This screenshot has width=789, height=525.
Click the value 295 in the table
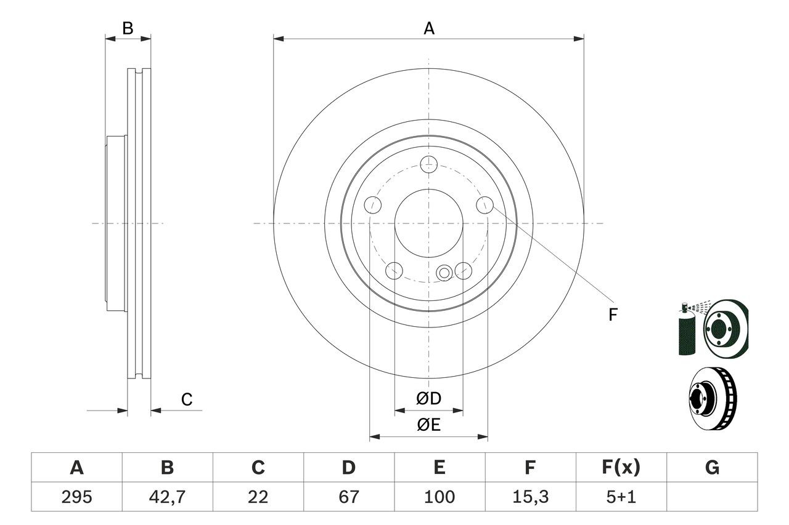point(76,497)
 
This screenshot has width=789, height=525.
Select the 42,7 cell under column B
point(167,497)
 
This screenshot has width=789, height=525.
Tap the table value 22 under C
point(258,497)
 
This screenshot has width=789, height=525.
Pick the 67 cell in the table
point(349,497)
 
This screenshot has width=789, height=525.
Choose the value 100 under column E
point(439,497)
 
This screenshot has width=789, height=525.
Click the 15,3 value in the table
point(530,497)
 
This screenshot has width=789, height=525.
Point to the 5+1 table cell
point(621,497)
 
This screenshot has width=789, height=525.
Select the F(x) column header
point(621,467)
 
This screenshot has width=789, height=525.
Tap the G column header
point(712,467)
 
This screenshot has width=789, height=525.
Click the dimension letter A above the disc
point(428,28)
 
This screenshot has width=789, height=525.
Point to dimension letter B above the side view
point(128,28)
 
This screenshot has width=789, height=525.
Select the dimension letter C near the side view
point(187,399)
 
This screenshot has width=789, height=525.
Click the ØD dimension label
point(428,399)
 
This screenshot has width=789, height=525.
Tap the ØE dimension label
point(428,425)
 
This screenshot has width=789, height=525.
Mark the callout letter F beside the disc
point(613,315)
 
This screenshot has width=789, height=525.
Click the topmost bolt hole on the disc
point(428,164)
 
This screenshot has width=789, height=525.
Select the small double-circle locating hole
point(444,273)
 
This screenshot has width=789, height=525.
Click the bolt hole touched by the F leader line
point(484,205)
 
